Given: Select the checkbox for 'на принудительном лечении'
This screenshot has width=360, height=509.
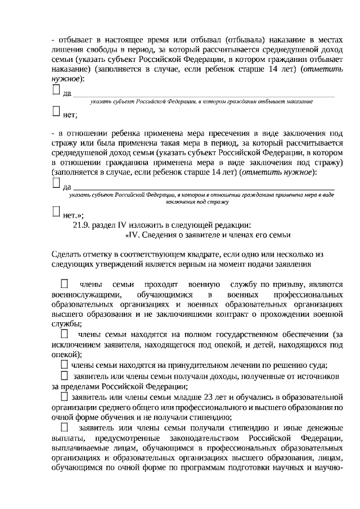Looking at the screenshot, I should coord(65,366).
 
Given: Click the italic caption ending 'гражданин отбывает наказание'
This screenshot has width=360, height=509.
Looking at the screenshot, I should coord(201,101).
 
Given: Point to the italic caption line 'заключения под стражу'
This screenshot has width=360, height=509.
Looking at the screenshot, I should coord(201,201).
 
